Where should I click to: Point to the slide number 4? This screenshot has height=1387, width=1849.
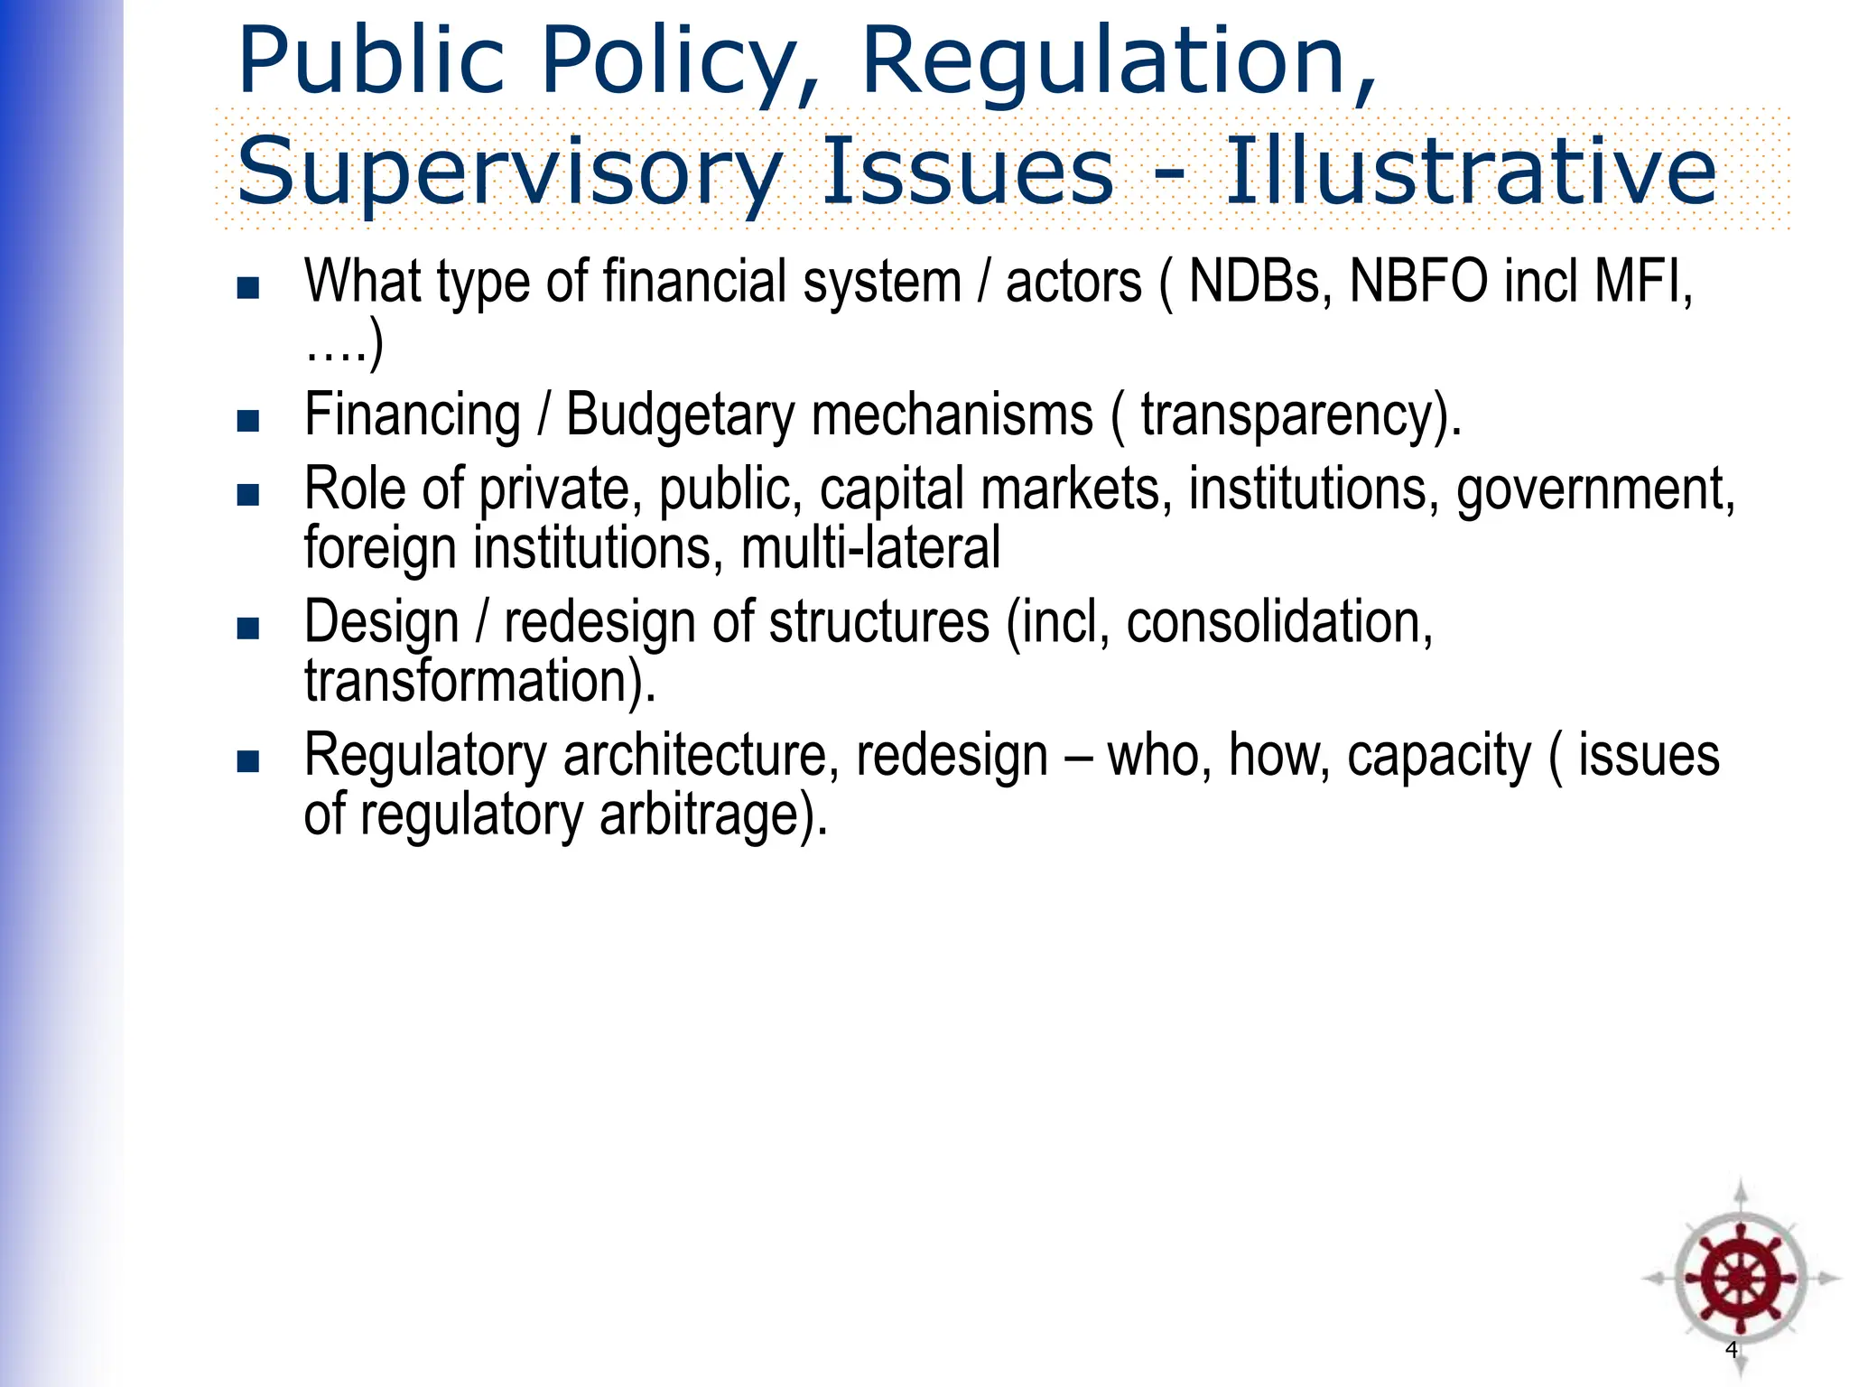click(1731, 1350)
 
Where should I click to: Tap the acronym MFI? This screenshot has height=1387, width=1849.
click(1643, 282)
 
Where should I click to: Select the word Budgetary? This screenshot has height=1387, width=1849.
click(681, 415)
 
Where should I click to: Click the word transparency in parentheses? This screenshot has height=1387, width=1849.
click(1287, 415)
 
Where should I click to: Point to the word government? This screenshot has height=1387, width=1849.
click(1594, 489)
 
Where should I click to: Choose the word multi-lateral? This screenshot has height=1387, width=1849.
click(870, 548)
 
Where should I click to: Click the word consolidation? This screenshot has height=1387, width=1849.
click(1278, 623)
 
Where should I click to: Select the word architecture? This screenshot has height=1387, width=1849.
click(694, 756)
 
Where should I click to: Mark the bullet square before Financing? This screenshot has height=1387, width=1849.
click(247, 421)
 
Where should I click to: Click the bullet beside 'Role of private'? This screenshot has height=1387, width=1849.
click(247, 495)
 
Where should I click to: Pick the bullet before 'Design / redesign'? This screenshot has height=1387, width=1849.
click(247, 628)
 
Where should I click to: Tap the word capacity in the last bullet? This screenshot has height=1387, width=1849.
click(1439, 756)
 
